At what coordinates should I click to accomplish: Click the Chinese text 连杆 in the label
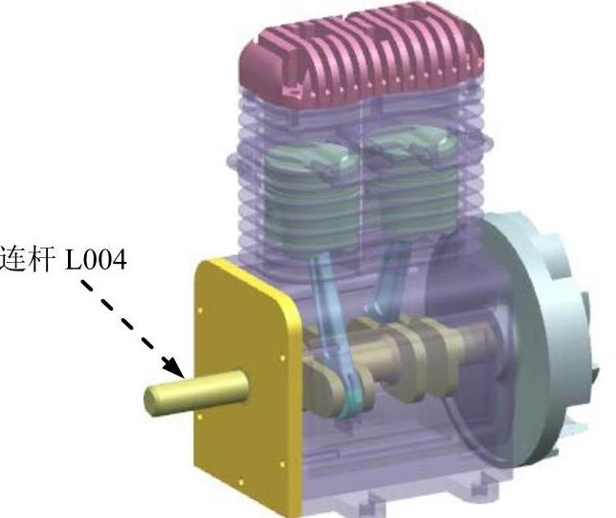(x=27, y=259)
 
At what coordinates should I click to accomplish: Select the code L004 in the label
(x=96, y=259)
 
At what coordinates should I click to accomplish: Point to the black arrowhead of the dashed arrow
(x=174, y=367)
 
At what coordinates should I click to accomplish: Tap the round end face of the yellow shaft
(x=152, y=399)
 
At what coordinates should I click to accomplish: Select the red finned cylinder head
(x=362, y=54)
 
